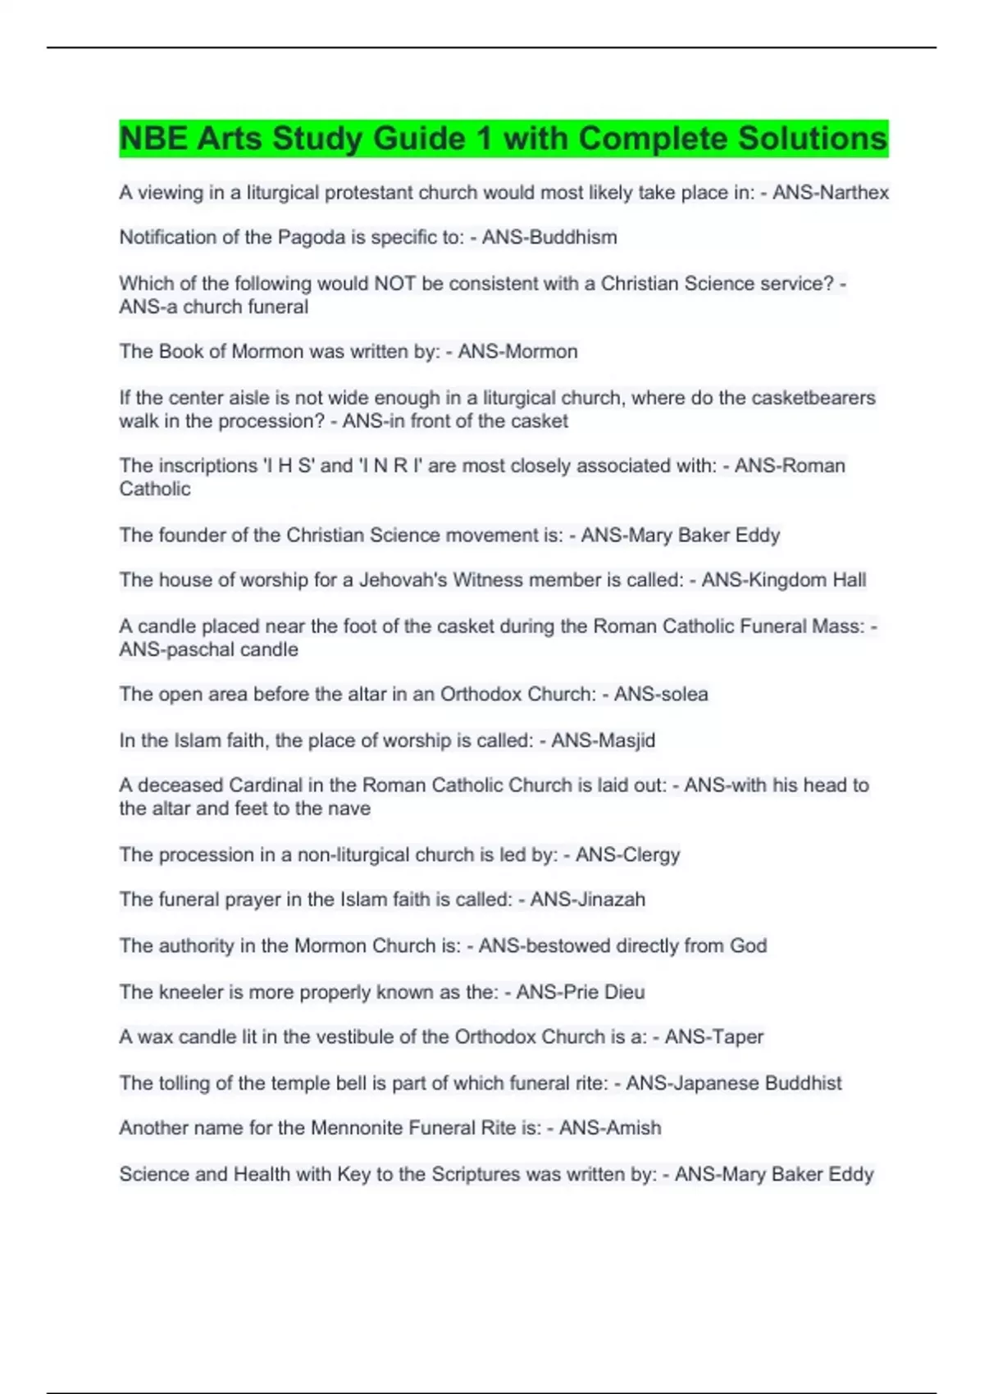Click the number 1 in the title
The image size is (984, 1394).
tap(485, 139)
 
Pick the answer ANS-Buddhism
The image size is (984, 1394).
tap(549, 238)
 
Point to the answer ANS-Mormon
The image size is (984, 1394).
tap(517, 352)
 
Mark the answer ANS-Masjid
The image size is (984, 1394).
tap(603, 740)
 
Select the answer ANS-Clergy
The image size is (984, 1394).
tap(627, 854)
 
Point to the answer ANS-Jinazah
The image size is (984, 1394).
tap(587, 900)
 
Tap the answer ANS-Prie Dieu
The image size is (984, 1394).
tap(580, 992)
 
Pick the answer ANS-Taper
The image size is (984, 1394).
tap(713, 1037)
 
